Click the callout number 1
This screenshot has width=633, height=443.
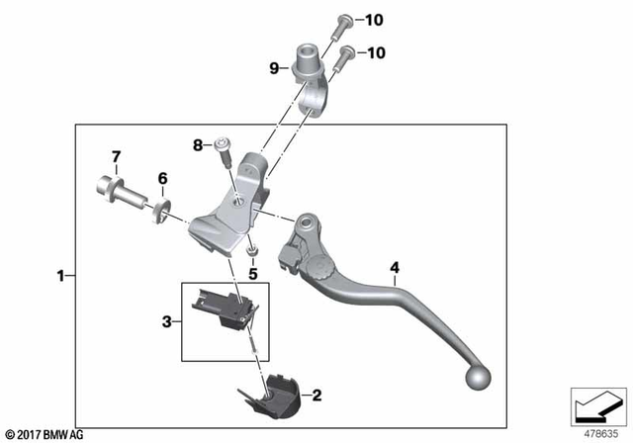(x=61, y=276)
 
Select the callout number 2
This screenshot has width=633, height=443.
(x=317, y=396)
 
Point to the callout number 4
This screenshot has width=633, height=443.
(x=395, y=267)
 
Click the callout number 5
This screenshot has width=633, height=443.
(x=252, y=274)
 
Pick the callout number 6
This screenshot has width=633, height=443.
(x=163, y=178)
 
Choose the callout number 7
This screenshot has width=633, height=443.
(x=116, y=156)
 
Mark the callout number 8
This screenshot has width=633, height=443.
(x=198, y=145)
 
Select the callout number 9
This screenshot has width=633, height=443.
(x=274, y=68)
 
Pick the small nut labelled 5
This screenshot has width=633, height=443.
(x=252, y=251)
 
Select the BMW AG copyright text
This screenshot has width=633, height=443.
(x=44, y=433)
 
